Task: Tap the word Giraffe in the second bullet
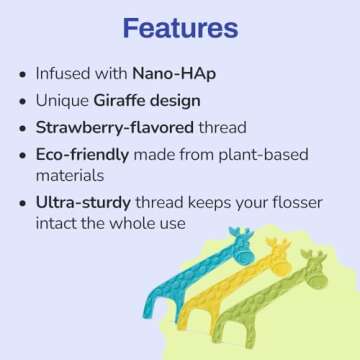[x=122, y=101]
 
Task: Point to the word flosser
[x=294, y=203]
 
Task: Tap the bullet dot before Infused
[x=22, y=75]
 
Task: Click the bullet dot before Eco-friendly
[x=22, y=156]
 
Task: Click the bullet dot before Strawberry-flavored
[x=22, y=129]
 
